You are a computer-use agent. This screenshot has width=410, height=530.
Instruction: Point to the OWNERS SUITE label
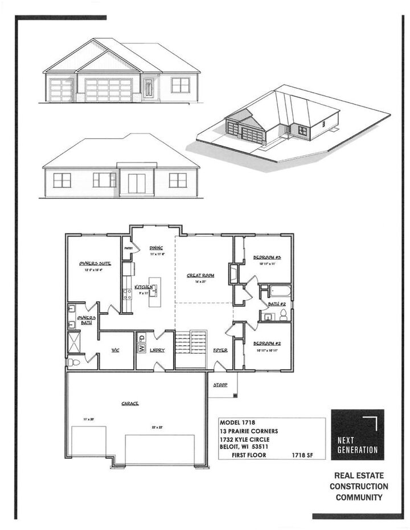(x=95, y=264)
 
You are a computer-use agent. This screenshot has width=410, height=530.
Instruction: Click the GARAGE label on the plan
(x=130, y=404)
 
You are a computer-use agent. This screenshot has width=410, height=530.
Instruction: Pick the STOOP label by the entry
(x=220, y=385)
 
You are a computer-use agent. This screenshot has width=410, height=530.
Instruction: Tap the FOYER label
(x=220, y=350)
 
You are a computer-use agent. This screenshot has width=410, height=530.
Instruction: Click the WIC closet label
(x=114, y=350)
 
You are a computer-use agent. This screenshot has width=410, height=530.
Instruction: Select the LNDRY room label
(x=157, y=350)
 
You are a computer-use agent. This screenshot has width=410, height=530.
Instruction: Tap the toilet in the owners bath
(x=72, y=362)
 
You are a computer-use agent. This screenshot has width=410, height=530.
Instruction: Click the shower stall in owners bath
(x=75, y=342)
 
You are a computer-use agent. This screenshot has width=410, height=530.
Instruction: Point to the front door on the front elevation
(x=149, y=89)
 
